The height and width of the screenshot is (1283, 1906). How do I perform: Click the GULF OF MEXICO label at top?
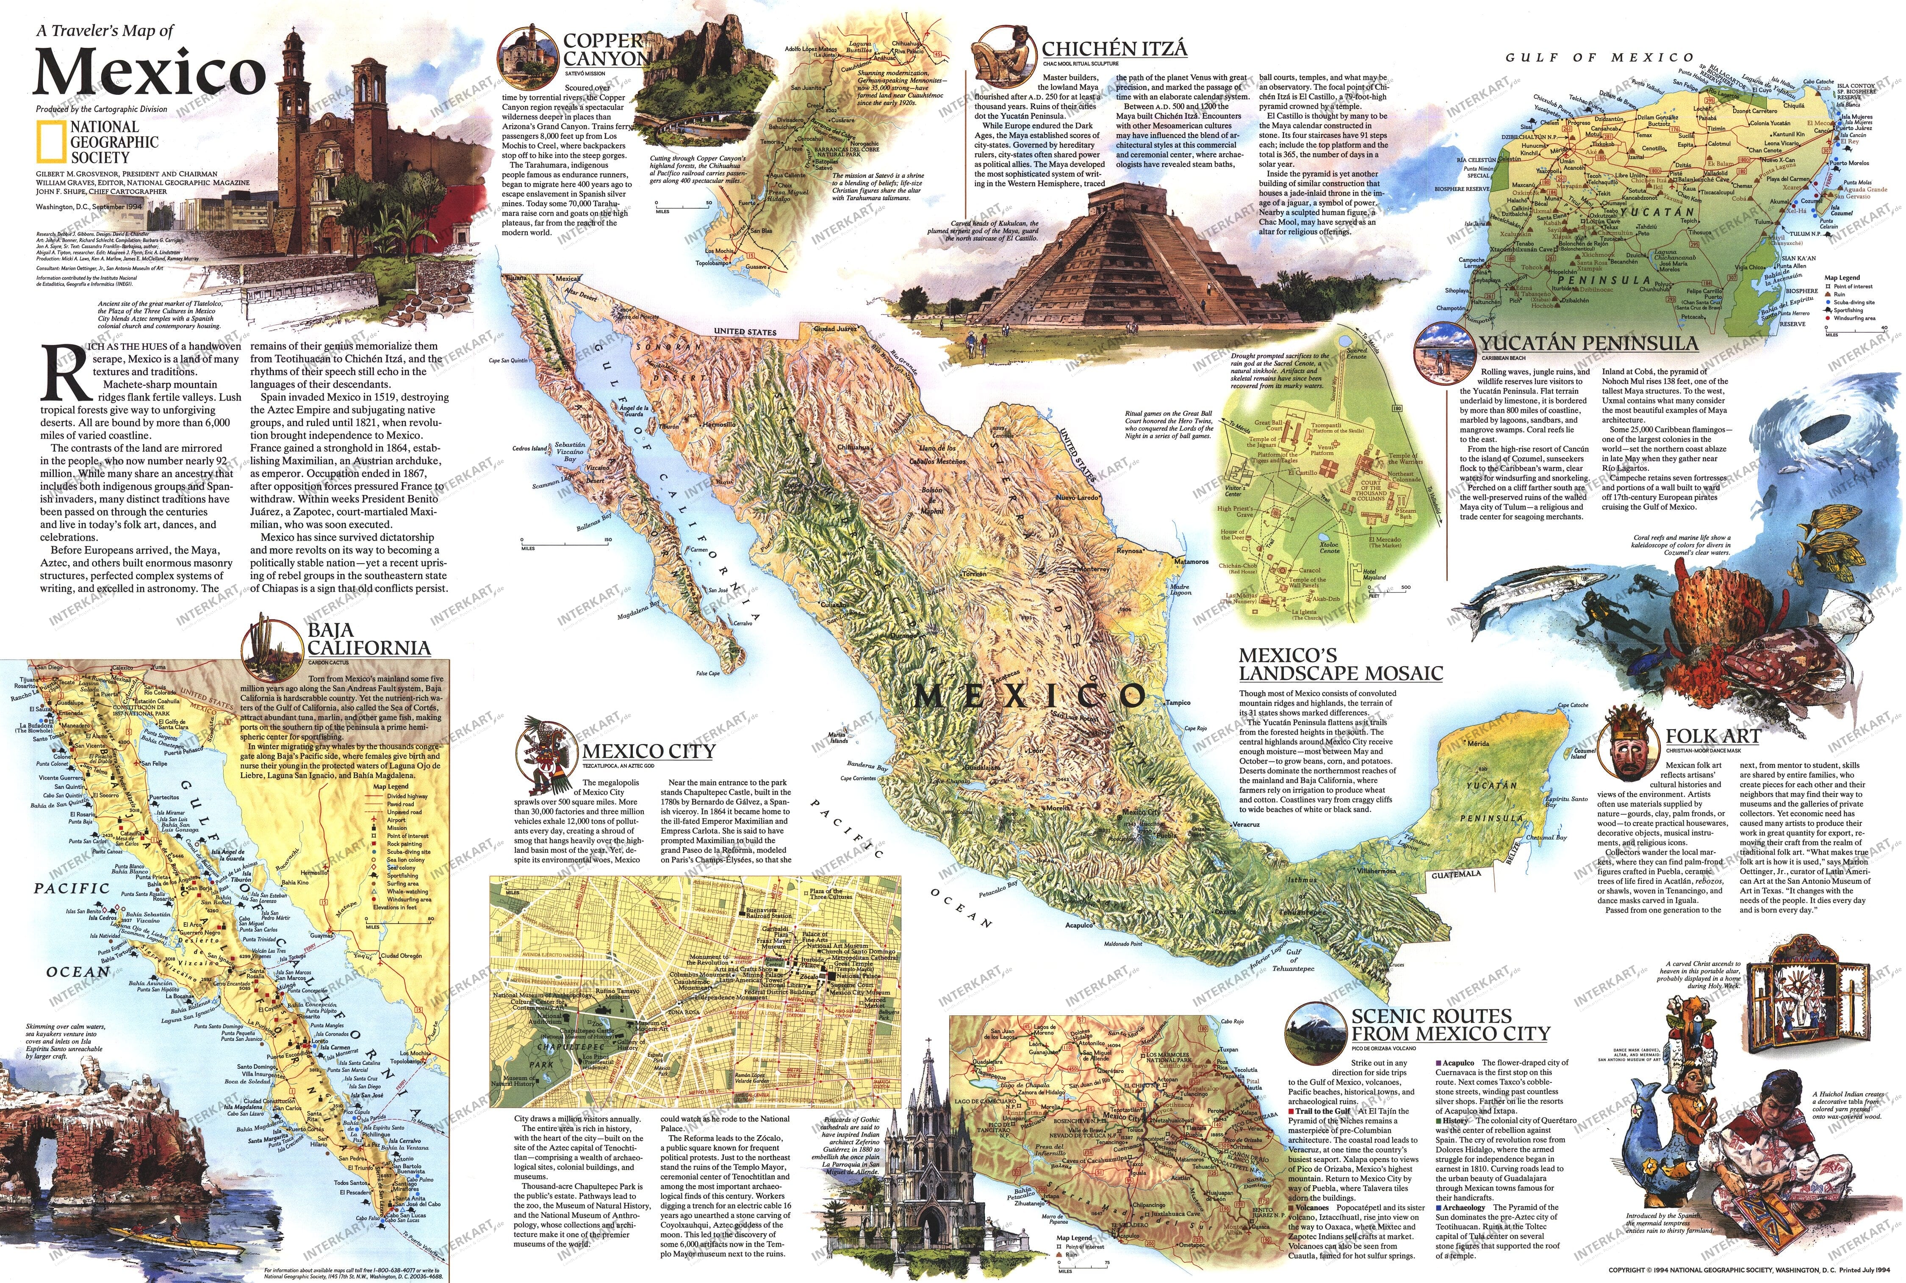1600,57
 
